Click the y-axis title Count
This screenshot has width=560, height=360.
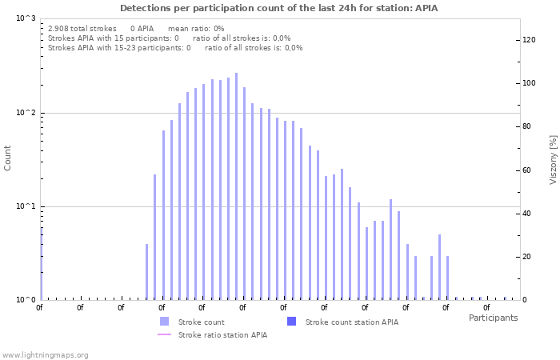click(8, 158)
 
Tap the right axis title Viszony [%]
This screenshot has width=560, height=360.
click(552, 160)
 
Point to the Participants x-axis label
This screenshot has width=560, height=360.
click(493, 318)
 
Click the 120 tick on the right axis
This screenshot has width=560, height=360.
click(528, 39)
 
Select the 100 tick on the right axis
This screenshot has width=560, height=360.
click(528, 83)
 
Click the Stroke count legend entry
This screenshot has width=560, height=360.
click(201, 322)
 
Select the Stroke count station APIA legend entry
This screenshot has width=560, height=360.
click(351, 322)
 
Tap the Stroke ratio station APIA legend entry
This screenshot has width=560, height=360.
click(222, 335)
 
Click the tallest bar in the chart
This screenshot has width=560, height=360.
click(236, 186)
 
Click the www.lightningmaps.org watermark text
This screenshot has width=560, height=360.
click(45, 354)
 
